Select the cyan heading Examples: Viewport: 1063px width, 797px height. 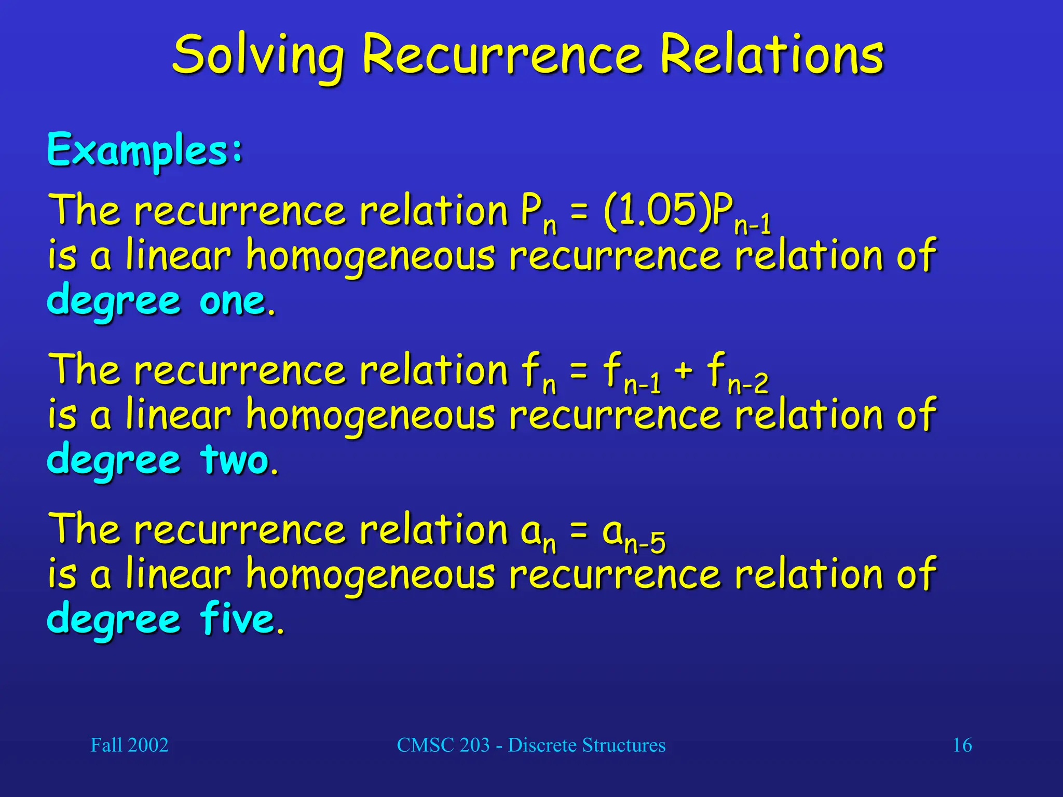(145, 150)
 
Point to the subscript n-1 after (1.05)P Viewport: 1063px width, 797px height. (753, 226)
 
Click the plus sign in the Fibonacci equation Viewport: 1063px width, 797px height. (684, 370)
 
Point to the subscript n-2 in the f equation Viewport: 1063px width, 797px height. (748, 384)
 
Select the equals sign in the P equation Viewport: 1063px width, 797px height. (579, 212)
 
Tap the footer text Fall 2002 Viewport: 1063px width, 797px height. (129, 745)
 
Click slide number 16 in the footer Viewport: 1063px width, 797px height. (962, 745)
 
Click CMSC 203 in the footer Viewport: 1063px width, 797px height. (443, 745)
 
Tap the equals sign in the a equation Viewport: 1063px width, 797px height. (579, 530)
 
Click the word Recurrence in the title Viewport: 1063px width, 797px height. (502, 55)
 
